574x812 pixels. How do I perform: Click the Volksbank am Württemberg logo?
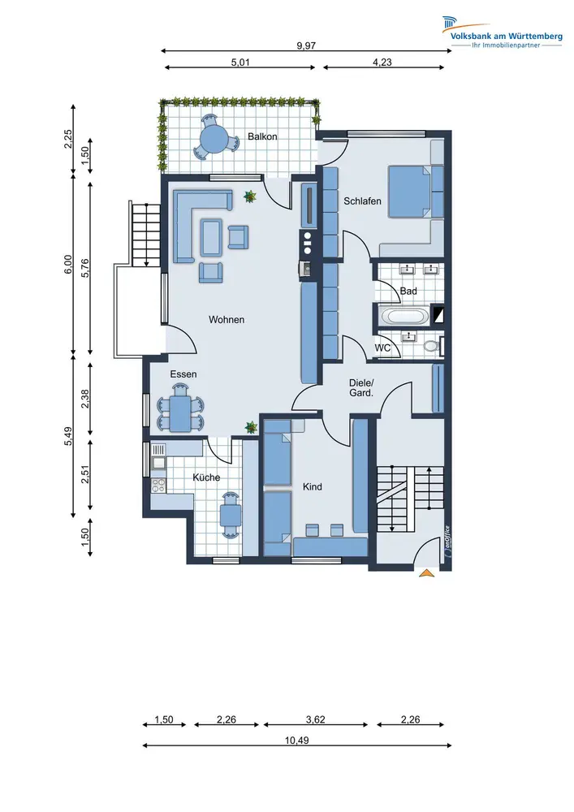pyautogui.click(x=502, y=32)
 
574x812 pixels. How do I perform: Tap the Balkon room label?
pyautogui.click(x=262, y=136)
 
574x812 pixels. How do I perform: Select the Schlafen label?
pyautogui.click(x=362, y=201)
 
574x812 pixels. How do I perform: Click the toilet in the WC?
pyautogui.click(x=430, y=345)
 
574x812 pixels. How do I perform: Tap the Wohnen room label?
pyautogui.click(x=227, y=319)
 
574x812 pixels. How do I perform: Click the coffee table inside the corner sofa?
pyautogui.click(x=211, y=237)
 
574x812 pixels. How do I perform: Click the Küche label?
pyautogui.click(x=206, y=477)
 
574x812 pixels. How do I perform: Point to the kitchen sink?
pyautogui.click(x=158, y=462)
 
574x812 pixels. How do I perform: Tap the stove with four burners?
pyautogui.click(x=158, y=486)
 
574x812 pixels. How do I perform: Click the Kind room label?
pyautogui.click(x=312, y=486)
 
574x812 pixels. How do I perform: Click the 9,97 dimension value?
pyautogui.click(x=306, y=45)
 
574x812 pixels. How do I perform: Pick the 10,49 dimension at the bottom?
pyautogui.click(x=296, y=741)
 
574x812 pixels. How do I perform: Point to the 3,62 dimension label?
pyautogui.click(x=315, y=719)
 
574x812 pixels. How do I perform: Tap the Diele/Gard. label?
pyautogui.click(x=360, y=388)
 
